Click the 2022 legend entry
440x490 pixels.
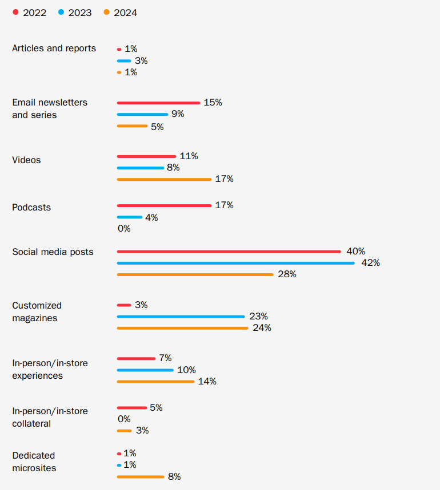[29, 13]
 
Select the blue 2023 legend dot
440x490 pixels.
[61, 12]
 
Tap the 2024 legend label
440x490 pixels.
[125, 13]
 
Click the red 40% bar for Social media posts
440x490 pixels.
[229, 252]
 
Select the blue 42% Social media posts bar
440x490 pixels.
[236, 263]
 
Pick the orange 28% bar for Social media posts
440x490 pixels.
[195, 275]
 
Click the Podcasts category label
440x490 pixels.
[31, 207]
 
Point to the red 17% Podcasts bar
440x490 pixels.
[165, 205]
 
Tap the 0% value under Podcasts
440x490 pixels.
[124, 228]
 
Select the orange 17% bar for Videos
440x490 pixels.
[165, 179]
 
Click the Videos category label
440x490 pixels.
[26, 160]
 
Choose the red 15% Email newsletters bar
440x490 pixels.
[159, 103]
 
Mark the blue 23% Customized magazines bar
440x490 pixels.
[181, 317]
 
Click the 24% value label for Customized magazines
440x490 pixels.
[262, 328]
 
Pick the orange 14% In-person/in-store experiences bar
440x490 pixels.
[156, 382]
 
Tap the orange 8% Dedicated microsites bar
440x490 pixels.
[141, 477]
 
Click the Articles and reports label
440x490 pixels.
[54, 48]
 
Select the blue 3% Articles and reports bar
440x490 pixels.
[124, 61]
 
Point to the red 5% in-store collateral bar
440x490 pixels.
[132, 408]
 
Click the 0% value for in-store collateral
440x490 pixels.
[124, 419]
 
